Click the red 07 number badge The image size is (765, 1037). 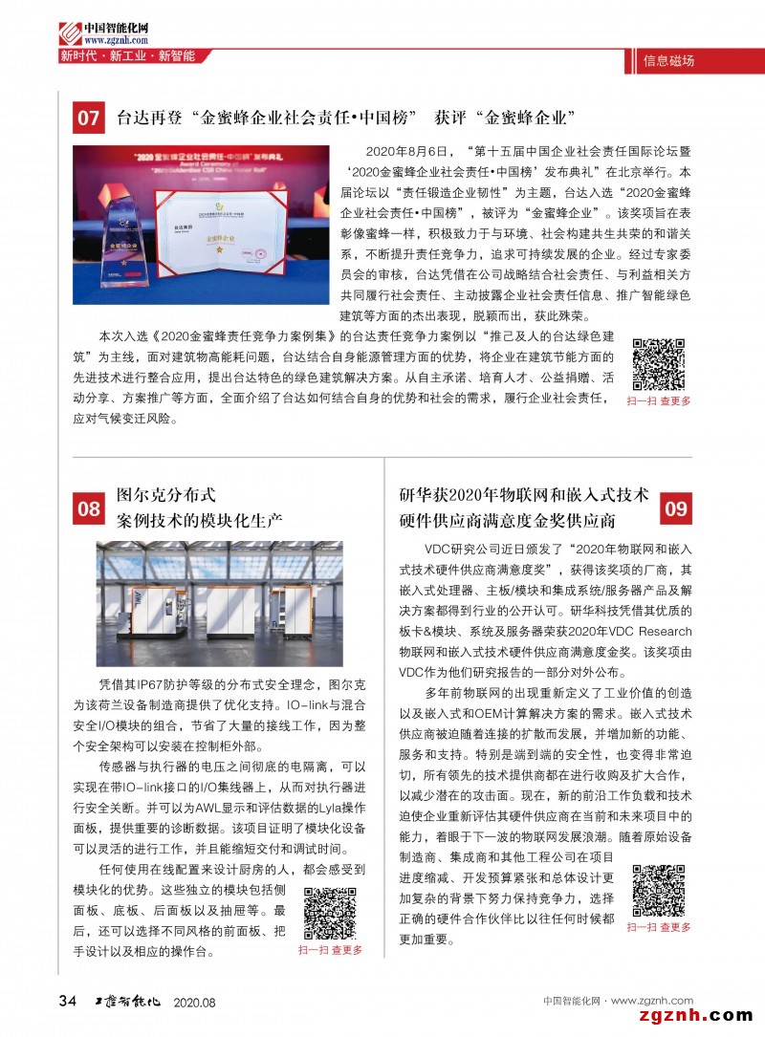coord(88,119)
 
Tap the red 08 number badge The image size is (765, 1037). coord(88,508)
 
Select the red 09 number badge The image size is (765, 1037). coord(676,508)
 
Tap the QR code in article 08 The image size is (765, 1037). coord(330,913)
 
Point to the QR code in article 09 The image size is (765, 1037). coord(659,891)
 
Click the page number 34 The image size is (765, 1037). coord(67,1001)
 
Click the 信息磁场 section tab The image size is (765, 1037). coord(670,61)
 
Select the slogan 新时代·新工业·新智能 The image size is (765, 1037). coord(127,56)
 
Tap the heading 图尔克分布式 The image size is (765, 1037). coord(166,495)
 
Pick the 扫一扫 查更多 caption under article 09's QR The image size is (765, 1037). coord(659,927)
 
